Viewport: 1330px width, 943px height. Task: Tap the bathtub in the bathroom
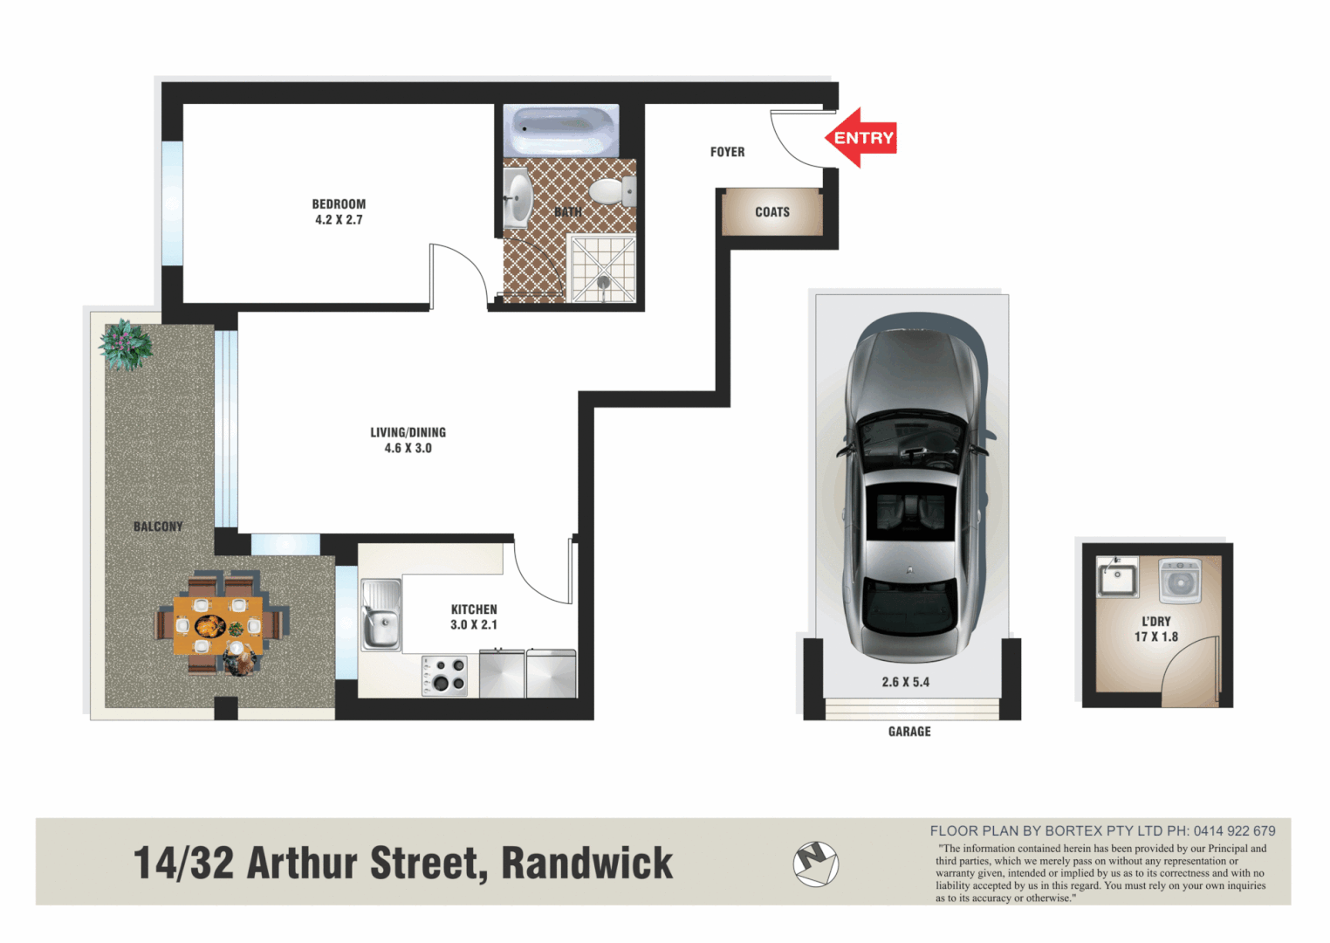tap(563, 130)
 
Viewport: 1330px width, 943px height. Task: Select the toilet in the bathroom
tap(612, 191)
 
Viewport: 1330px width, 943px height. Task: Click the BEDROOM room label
tap(339, 204)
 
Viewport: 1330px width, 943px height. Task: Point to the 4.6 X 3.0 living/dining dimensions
tap(408, 448)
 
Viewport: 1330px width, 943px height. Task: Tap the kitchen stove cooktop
tap(444, 675)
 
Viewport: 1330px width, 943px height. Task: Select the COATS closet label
tap(772, 212)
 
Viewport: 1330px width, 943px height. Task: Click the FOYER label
tap(727, 152)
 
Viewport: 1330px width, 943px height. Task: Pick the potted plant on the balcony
tap(126, 344)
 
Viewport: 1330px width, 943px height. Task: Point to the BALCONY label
tap(158, 527)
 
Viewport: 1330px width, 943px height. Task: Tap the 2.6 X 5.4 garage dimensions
tap(905, 682)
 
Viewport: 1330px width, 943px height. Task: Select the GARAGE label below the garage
tap(909, 732)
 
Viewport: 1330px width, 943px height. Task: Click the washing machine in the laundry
tap(1180, 581)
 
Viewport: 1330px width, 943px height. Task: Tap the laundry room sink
tap(1117, 578)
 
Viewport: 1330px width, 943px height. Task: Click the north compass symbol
tap(815, 863)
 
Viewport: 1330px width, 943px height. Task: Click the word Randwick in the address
tap(586, 864)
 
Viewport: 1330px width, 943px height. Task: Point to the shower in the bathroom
tap(601, 269)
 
